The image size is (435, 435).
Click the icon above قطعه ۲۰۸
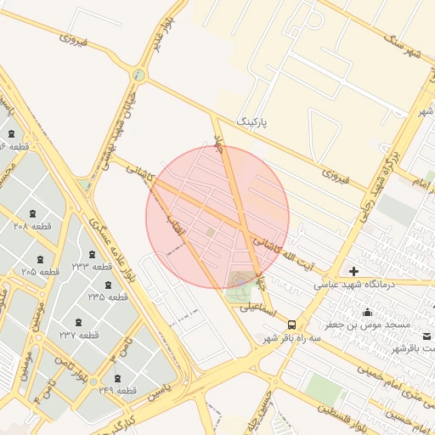[33, 212]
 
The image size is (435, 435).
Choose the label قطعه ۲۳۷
[79, 335]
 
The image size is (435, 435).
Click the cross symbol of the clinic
[353, 271]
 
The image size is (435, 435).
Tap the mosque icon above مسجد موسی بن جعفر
[366, 312]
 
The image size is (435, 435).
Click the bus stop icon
[292, 325]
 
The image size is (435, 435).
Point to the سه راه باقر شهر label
[294, 338]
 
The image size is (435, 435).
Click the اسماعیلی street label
[257, 310]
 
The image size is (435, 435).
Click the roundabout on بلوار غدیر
[138, 76]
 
